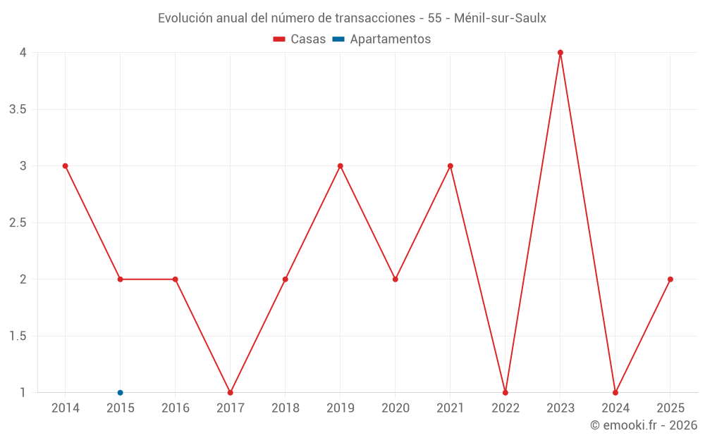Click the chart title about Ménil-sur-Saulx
(x=352, y=18)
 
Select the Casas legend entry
(x=300, y=39)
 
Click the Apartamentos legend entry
(x=381, y=39)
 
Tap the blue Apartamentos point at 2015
(x=120, y=393)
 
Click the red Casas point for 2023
(x=560, y=53)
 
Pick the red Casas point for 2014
(x=65, y=166)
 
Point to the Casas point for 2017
(x=231, y=393)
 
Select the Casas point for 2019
(x=341, y=166)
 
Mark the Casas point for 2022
(x=505, y=393)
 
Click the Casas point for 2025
(x=670, y=279)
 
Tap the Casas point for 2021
(x=450, y=166)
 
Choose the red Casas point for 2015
(x=120, y=279)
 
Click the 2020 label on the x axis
(x=396, y=408)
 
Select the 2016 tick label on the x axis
(x=176, y=408)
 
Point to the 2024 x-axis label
(x=615, y=408)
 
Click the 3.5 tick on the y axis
(x=18, y=109)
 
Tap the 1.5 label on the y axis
(x=18, y=336)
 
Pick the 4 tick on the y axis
(x=23, y=53)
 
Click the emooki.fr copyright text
(x=644, y=425)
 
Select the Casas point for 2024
(x=615, y=393)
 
